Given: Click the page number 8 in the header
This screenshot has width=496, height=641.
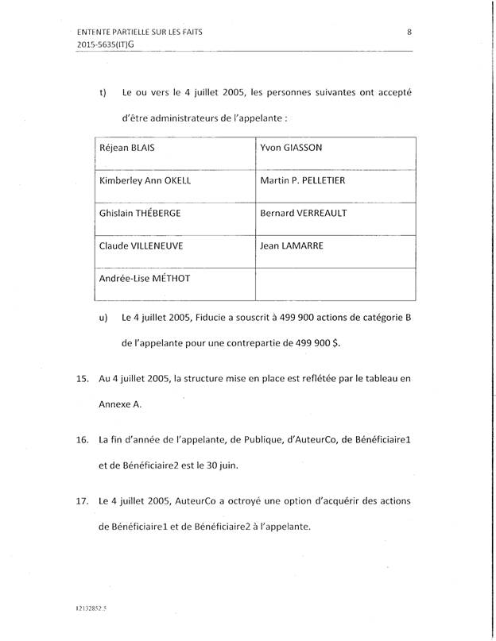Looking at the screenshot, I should [409, 32].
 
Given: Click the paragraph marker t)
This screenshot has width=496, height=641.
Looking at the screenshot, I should [103, 92].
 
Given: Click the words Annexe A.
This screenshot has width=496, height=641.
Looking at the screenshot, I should [119, 404].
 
